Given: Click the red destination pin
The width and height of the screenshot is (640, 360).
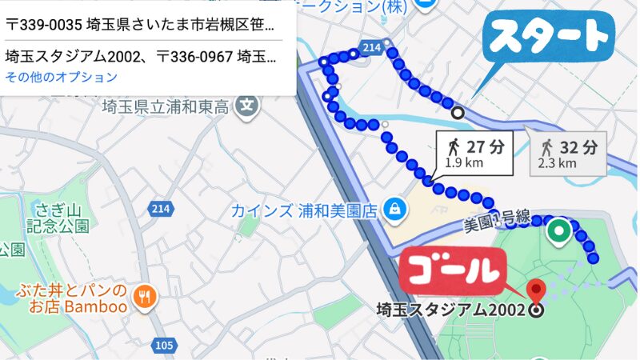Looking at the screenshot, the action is [x=536, y=289].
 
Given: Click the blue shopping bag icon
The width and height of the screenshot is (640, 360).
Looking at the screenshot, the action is [x=394, y=210].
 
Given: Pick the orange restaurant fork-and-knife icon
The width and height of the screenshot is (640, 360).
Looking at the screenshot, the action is [x=146, y=295].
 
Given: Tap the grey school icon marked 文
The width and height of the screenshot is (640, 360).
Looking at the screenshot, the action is [x=249, y=104].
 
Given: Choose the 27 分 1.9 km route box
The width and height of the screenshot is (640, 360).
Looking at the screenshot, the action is [x=474, y=153].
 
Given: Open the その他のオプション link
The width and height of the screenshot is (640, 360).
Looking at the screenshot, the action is [x=61, y=78].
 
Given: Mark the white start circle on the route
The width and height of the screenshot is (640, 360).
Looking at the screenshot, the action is [x=458, y=113].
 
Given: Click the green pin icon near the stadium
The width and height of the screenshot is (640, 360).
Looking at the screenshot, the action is [x=558, y=233].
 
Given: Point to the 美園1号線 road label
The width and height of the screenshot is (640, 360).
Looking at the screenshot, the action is [x=498, y=221].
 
